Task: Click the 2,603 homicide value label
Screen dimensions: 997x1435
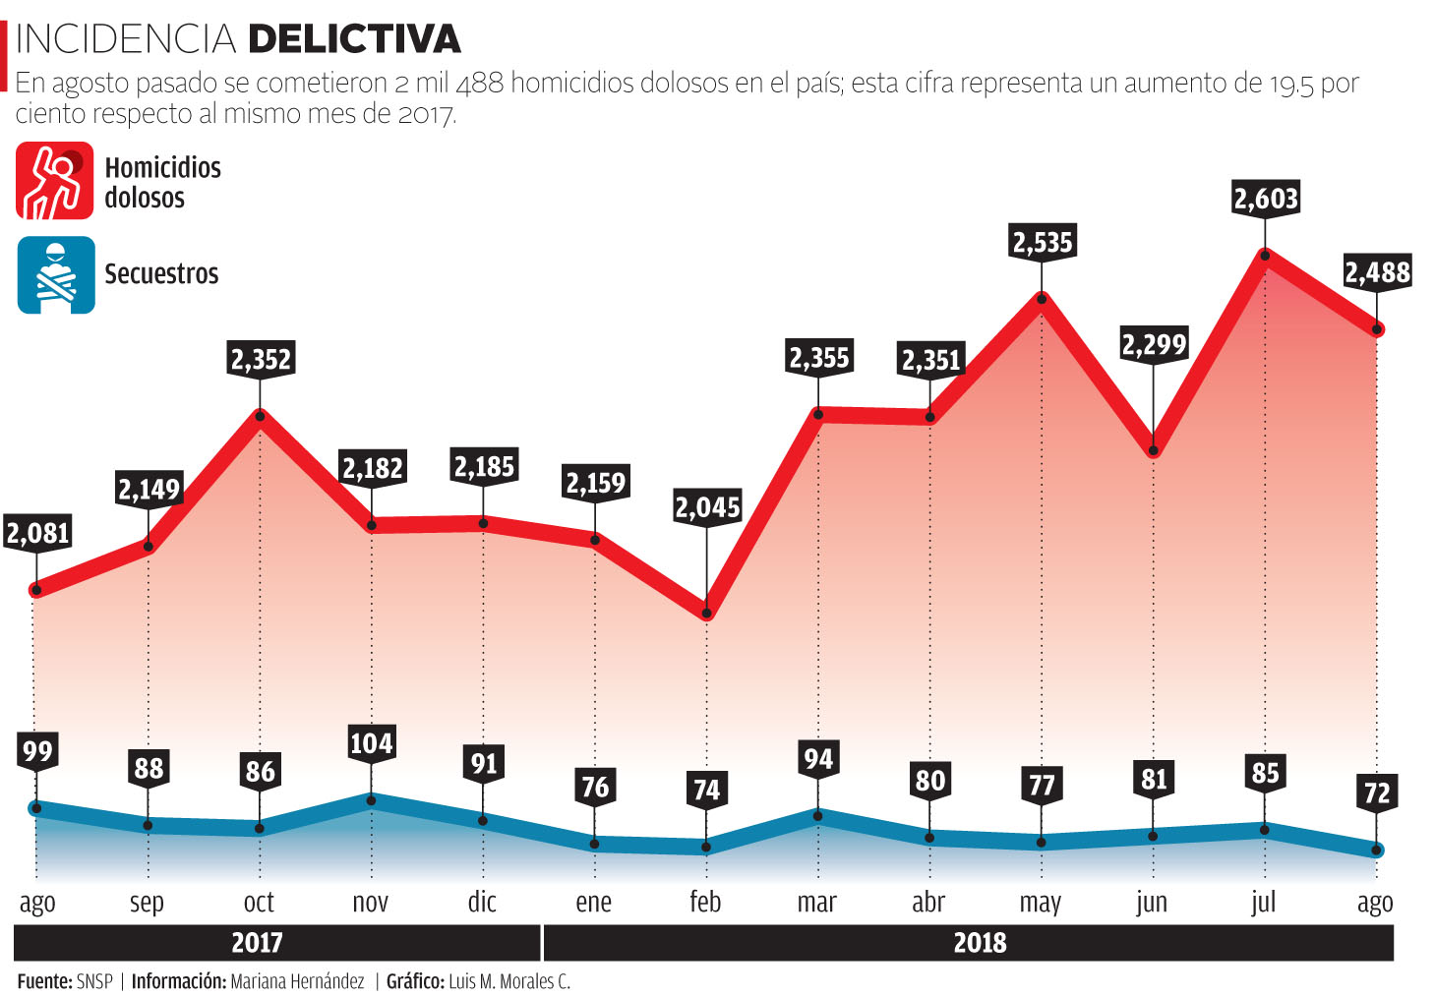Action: [1265, 199]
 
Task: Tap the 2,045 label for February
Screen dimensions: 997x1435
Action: [706, 507]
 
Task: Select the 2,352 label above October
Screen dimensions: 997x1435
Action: [261, 359]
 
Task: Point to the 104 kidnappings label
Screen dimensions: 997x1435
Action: [371, 742]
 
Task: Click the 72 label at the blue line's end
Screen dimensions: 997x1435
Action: [1376, 792]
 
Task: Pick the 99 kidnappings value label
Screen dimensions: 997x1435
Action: [37, 751]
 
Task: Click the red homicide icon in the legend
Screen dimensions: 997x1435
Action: [55, 181]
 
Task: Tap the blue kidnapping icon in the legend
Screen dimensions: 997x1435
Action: [56, 275]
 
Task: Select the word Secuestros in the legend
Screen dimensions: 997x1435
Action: [161, 273]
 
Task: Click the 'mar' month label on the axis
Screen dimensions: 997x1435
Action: [816, 902]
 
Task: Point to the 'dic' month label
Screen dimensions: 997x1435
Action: [482, 902]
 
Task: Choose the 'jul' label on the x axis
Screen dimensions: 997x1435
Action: [1263, 902]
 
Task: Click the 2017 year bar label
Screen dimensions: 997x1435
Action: [257, 943]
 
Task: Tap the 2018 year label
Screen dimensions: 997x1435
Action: [980, 943]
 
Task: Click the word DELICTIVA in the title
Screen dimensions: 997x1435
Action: [354, 39]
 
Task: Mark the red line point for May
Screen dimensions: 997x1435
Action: [1042, 297]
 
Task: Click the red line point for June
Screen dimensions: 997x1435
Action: [1153, 451]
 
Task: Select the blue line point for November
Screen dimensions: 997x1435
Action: [371, 800]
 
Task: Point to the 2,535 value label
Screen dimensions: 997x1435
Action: [1043, 242]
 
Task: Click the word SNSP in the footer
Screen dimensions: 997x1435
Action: [94, 981]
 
